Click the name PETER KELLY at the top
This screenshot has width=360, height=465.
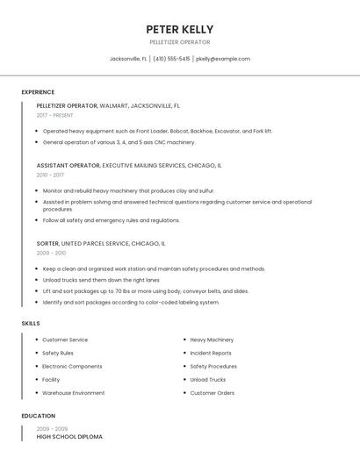click(179, 29)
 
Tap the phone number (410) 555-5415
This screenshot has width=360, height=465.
click(171, 59)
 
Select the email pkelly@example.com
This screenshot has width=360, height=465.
click(223, 59)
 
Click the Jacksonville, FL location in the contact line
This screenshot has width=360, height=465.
click(128, 59)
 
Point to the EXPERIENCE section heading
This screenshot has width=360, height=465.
click(38, 92)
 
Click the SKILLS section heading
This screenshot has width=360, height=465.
click(31, 324)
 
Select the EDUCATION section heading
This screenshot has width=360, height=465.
click(39, 416)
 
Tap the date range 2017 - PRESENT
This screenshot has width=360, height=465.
click(55, 115)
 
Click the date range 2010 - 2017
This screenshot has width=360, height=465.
click(50, 175)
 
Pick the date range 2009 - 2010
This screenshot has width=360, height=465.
click(51, 253)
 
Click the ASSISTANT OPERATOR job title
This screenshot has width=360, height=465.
click(68, 165)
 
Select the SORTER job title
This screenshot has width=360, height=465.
click(47, 243)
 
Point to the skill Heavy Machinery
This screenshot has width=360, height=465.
click(212, 340)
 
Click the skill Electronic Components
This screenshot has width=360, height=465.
click(72, 366)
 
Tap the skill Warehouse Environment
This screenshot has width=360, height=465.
click(73, 393)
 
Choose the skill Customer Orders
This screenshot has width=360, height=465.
click(212, 393)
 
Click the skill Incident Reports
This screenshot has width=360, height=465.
click(211, 353)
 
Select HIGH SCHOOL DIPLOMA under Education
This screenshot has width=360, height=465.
click(69, 436)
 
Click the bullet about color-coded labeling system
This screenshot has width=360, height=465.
click(131, 302)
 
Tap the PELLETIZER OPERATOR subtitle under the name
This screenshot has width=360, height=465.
click(179, 42)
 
